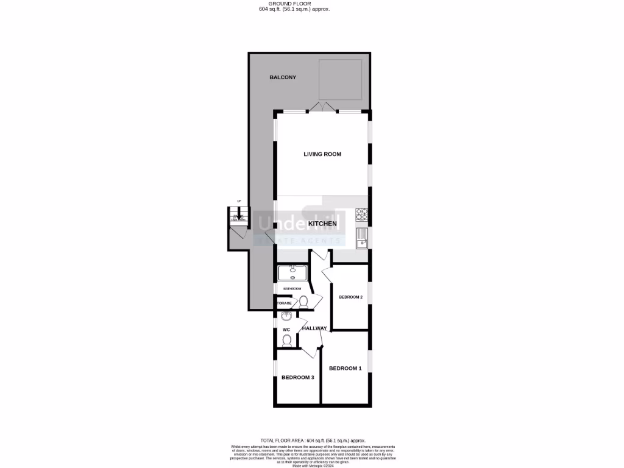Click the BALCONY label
[283, 77]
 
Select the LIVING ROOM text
[322, 154]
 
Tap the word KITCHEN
[322, 224]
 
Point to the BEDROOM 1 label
[346, 368]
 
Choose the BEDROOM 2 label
[351, 297]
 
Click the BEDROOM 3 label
[297, 378]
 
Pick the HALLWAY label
[314, 328]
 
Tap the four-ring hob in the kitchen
[362, 214]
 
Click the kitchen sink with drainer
[362, 237]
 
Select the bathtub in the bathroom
[293, 272]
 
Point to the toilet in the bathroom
[303, 301]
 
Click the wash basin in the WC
[287, 316]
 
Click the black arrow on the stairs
[239, 217]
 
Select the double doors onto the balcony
[322, 108]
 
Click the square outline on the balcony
[342, 79]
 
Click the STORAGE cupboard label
[284, 303]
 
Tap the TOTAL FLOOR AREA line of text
[313, 440]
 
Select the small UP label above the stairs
[239, 202]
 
